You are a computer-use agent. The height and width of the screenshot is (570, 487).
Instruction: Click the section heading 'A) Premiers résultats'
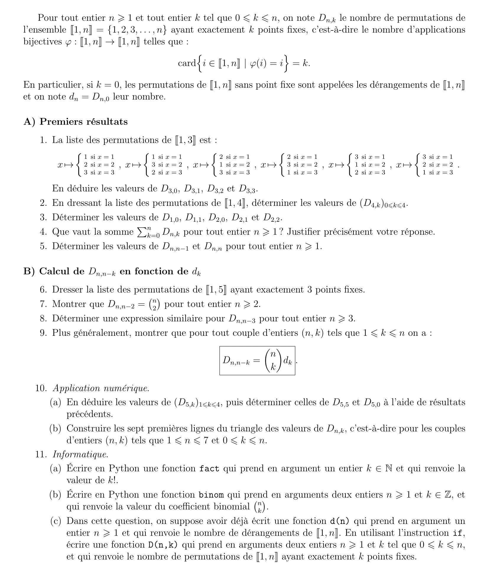[75, 122]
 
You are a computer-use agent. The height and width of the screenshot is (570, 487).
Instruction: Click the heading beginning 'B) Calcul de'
[112, 271]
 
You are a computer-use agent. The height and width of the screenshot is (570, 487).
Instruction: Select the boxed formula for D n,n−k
[257, 361]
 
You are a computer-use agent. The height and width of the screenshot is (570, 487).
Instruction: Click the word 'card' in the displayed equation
[187, 63]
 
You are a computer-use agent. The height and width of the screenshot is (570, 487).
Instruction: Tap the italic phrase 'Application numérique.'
[101, 388]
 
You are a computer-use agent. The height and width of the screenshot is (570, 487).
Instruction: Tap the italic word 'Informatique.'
[80, 454]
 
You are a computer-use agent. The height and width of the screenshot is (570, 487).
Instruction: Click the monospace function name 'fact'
[209, 469]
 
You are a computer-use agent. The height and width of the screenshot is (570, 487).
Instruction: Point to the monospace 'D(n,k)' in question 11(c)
[163, 545]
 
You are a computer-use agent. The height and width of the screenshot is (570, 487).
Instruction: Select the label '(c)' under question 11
[56, 521]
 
